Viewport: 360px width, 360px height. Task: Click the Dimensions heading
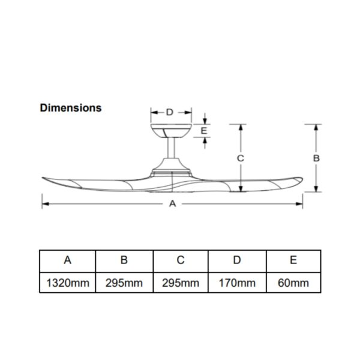71,107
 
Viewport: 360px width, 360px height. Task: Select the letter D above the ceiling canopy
169,112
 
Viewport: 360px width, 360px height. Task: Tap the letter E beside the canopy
203,130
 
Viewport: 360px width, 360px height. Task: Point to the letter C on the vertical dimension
241,158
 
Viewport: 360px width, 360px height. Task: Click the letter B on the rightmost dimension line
316,158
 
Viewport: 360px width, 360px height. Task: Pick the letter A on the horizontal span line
172,203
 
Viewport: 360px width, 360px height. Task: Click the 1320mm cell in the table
68,283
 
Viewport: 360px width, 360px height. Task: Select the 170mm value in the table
237,283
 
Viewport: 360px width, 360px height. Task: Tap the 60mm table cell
293,283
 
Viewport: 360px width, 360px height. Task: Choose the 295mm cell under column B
124,283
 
